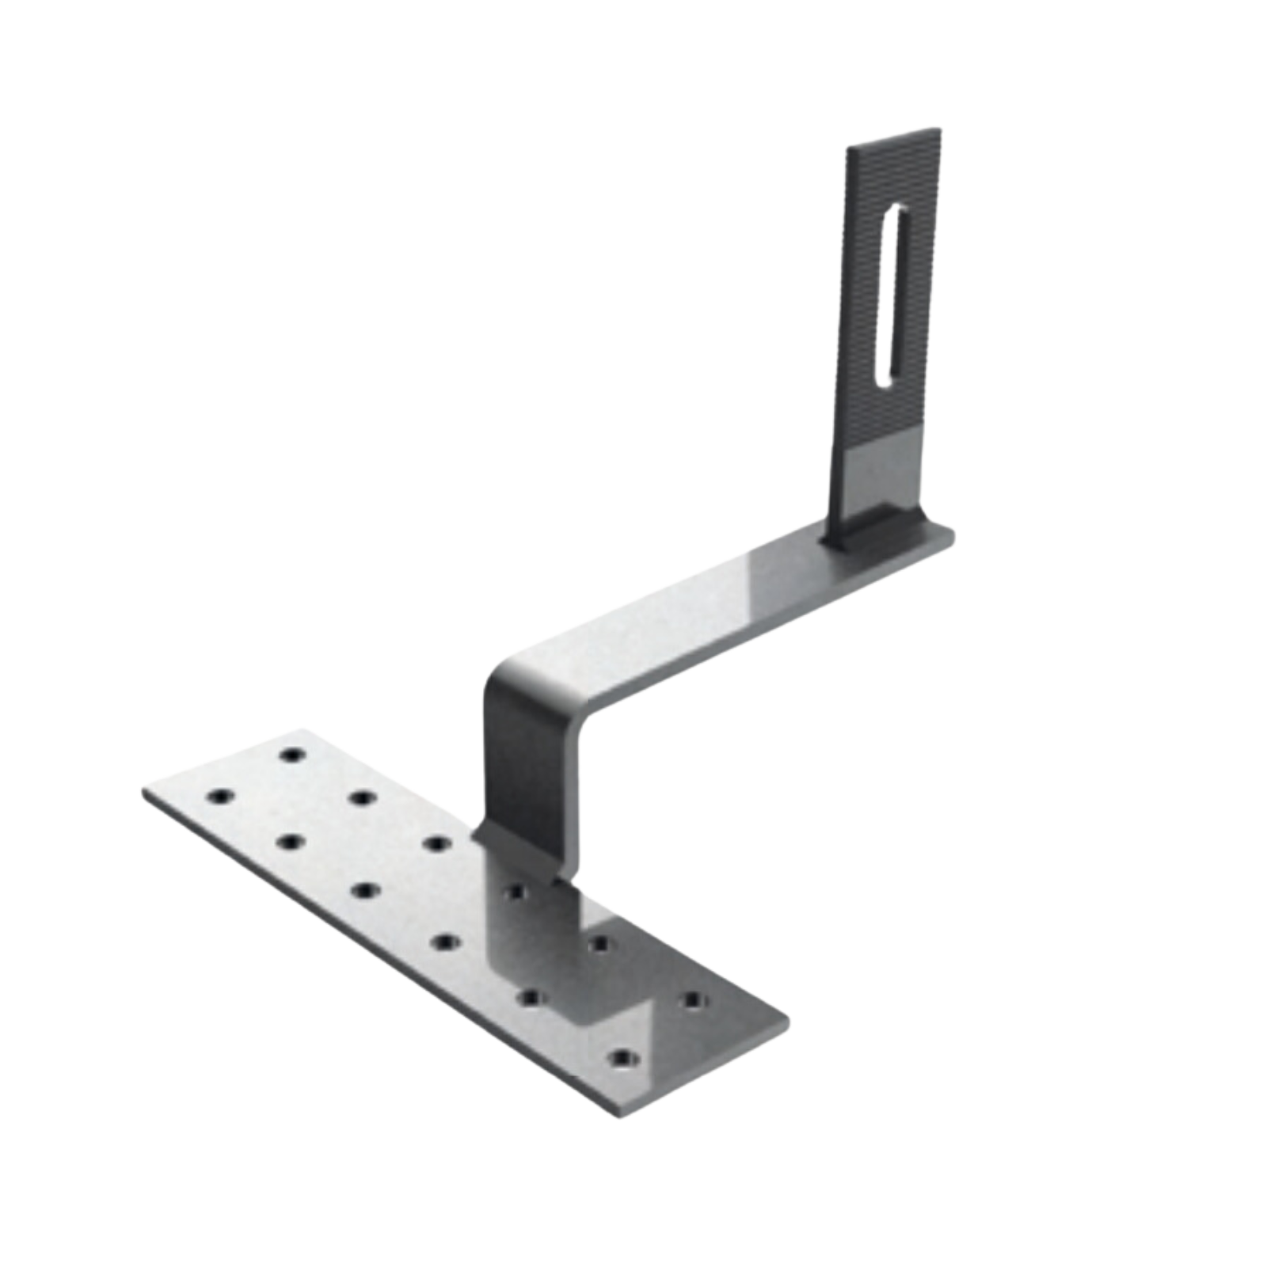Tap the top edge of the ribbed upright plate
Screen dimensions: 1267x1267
coord(895,135)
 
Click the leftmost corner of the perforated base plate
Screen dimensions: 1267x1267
coord(143,794)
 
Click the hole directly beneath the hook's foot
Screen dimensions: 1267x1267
coord(516,892)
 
